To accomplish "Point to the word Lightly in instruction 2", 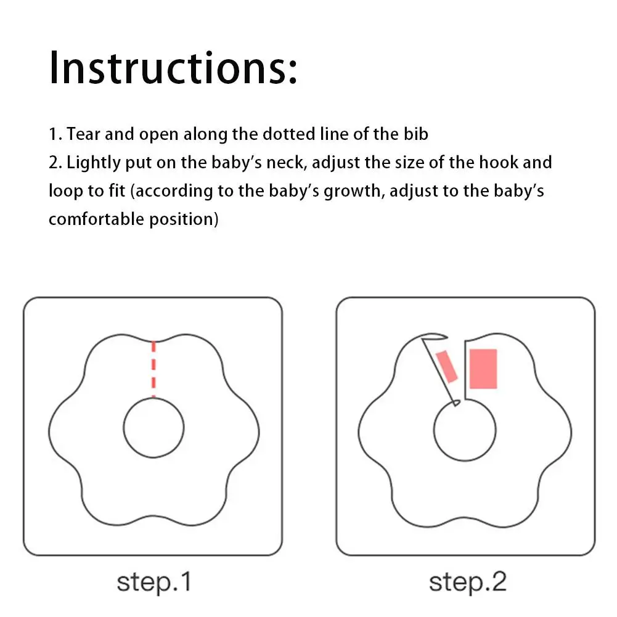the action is (93, 163).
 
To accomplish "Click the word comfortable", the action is (96, 219).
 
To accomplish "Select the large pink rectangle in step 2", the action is (483, 369).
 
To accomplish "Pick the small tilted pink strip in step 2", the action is (447, 366).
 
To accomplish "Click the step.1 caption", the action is (154, 582).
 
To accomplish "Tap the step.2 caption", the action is (467, 582).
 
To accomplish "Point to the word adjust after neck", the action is (336, 163).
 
